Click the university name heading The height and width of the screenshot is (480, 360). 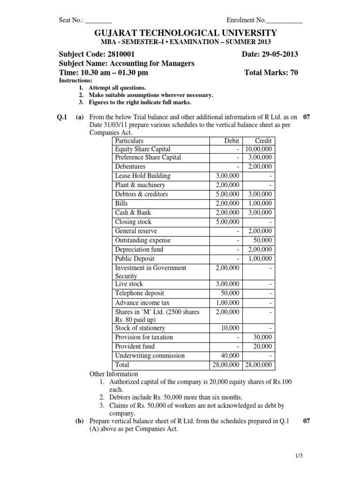point(180,33)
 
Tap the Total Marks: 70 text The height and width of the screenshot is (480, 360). point(271,72)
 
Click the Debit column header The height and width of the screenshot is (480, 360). point(232,140)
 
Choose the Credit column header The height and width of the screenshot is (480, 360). point(263,140)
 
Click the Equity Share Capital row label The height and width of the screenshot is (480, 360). point(142,149)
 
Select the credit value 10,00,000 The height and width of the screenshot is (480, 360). point(259,149)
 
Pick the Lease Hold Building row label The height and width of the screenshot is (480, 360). point(142,176)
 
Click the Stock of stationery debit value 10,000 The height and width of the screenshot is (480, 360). point(229,328)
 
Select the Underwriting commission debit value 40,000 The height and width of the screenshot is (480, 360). point(229,355)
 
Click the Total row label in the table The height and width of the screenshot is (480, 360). point(122,365)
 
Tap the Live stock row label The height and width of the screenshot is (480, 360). point(129,284)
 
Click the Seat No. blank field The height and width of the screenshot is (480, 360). point(99,21)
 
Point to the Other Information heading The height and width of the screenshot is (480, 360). point(113,374)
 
